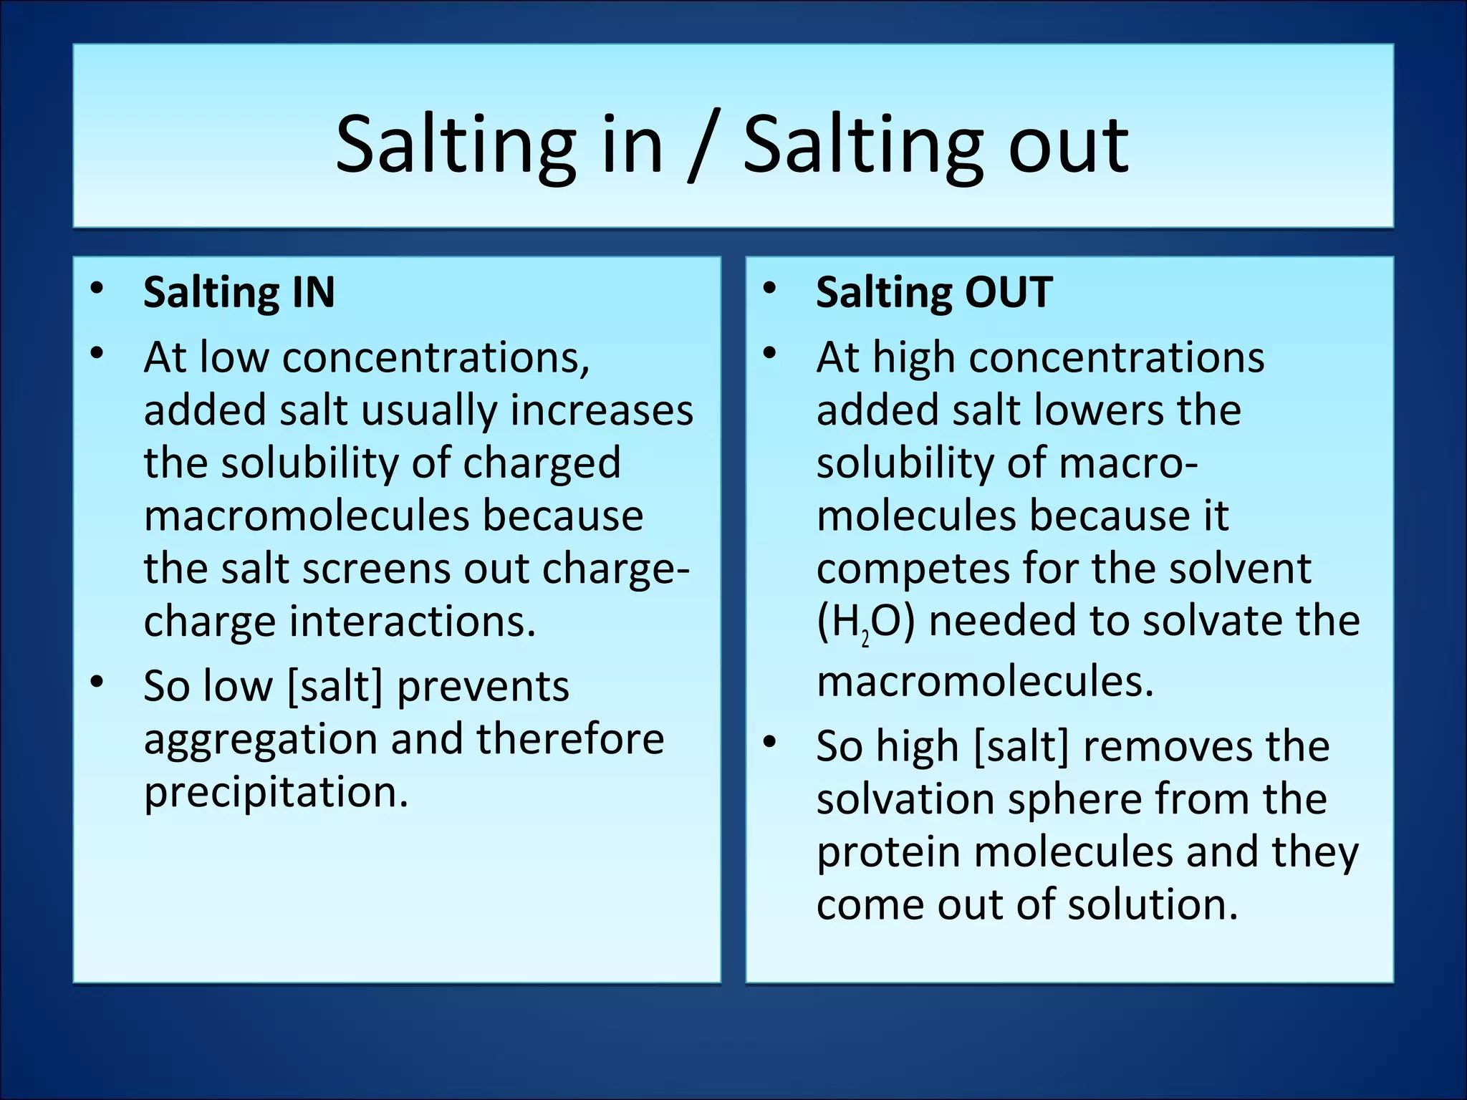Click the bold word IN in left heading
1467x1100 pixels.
click(x=313, y=292)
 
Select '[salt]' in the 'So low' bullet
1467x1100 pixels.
click(x=335, y=687)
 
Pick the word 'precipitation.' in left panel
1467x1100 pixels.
click(x=276, y=793)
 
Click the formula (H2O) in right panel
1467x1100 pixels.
click(x=865, y=622)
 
